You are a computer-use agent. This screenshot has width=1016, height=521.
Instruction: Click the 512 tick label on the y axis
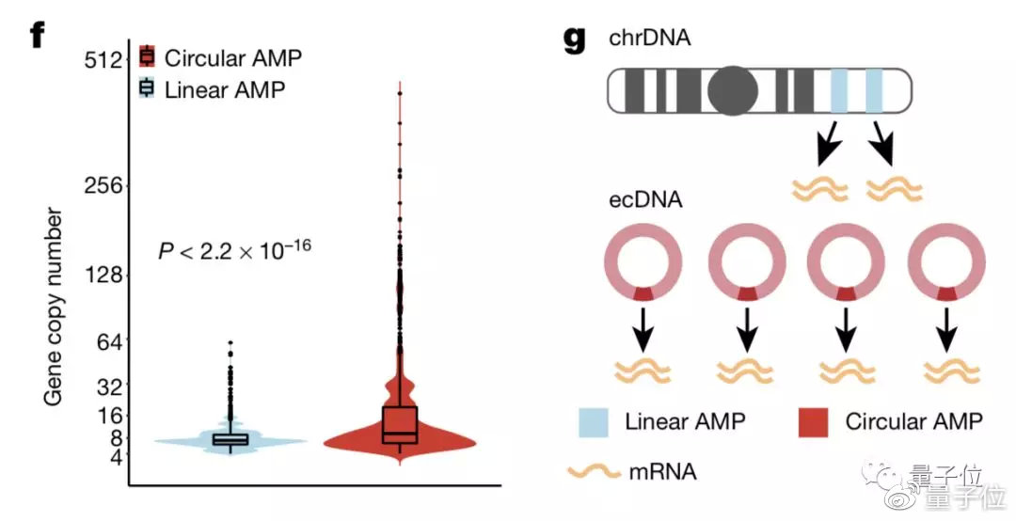103,60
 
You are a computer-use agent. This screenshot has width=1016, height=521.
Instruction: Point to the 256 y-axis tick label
103,186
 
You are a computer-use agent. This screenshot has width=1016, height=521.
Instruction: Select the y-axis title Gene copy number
54,307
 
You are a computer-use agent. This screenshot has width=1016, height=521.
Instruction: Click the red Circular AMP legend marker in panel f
147,57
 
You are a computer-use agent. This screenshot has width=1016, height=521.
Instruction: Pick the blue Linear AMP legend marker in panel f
147,88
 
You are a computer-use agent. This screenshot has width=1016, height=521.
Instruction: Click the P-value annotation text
234,249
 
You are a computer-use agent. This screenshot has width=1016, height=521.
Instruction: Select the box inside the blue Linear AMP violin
230,439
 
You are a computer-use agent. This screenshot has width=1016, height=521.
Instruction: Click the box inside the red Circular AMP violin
400,425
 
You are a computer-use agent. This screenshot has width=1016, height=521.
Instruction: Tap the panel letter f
38,35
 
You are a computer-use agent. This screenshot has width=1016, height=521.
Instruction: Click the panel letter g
576,39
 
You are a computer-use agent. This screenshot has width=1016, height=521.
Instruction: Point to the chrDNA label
650,38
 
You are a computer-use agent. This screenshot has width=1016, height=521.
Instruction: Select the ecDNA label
645,199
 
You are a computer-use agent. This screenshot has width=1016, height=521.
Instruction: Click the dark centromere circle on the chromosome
733,90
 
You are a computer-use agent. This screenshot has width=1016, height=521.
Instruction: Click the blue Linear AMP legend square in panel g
594,422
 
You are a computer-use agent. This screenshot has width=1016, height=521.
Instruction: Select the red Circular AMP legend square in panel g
813,422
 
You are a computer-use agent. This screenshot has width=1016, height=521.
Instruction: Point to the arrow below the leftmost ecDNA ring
643,330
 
